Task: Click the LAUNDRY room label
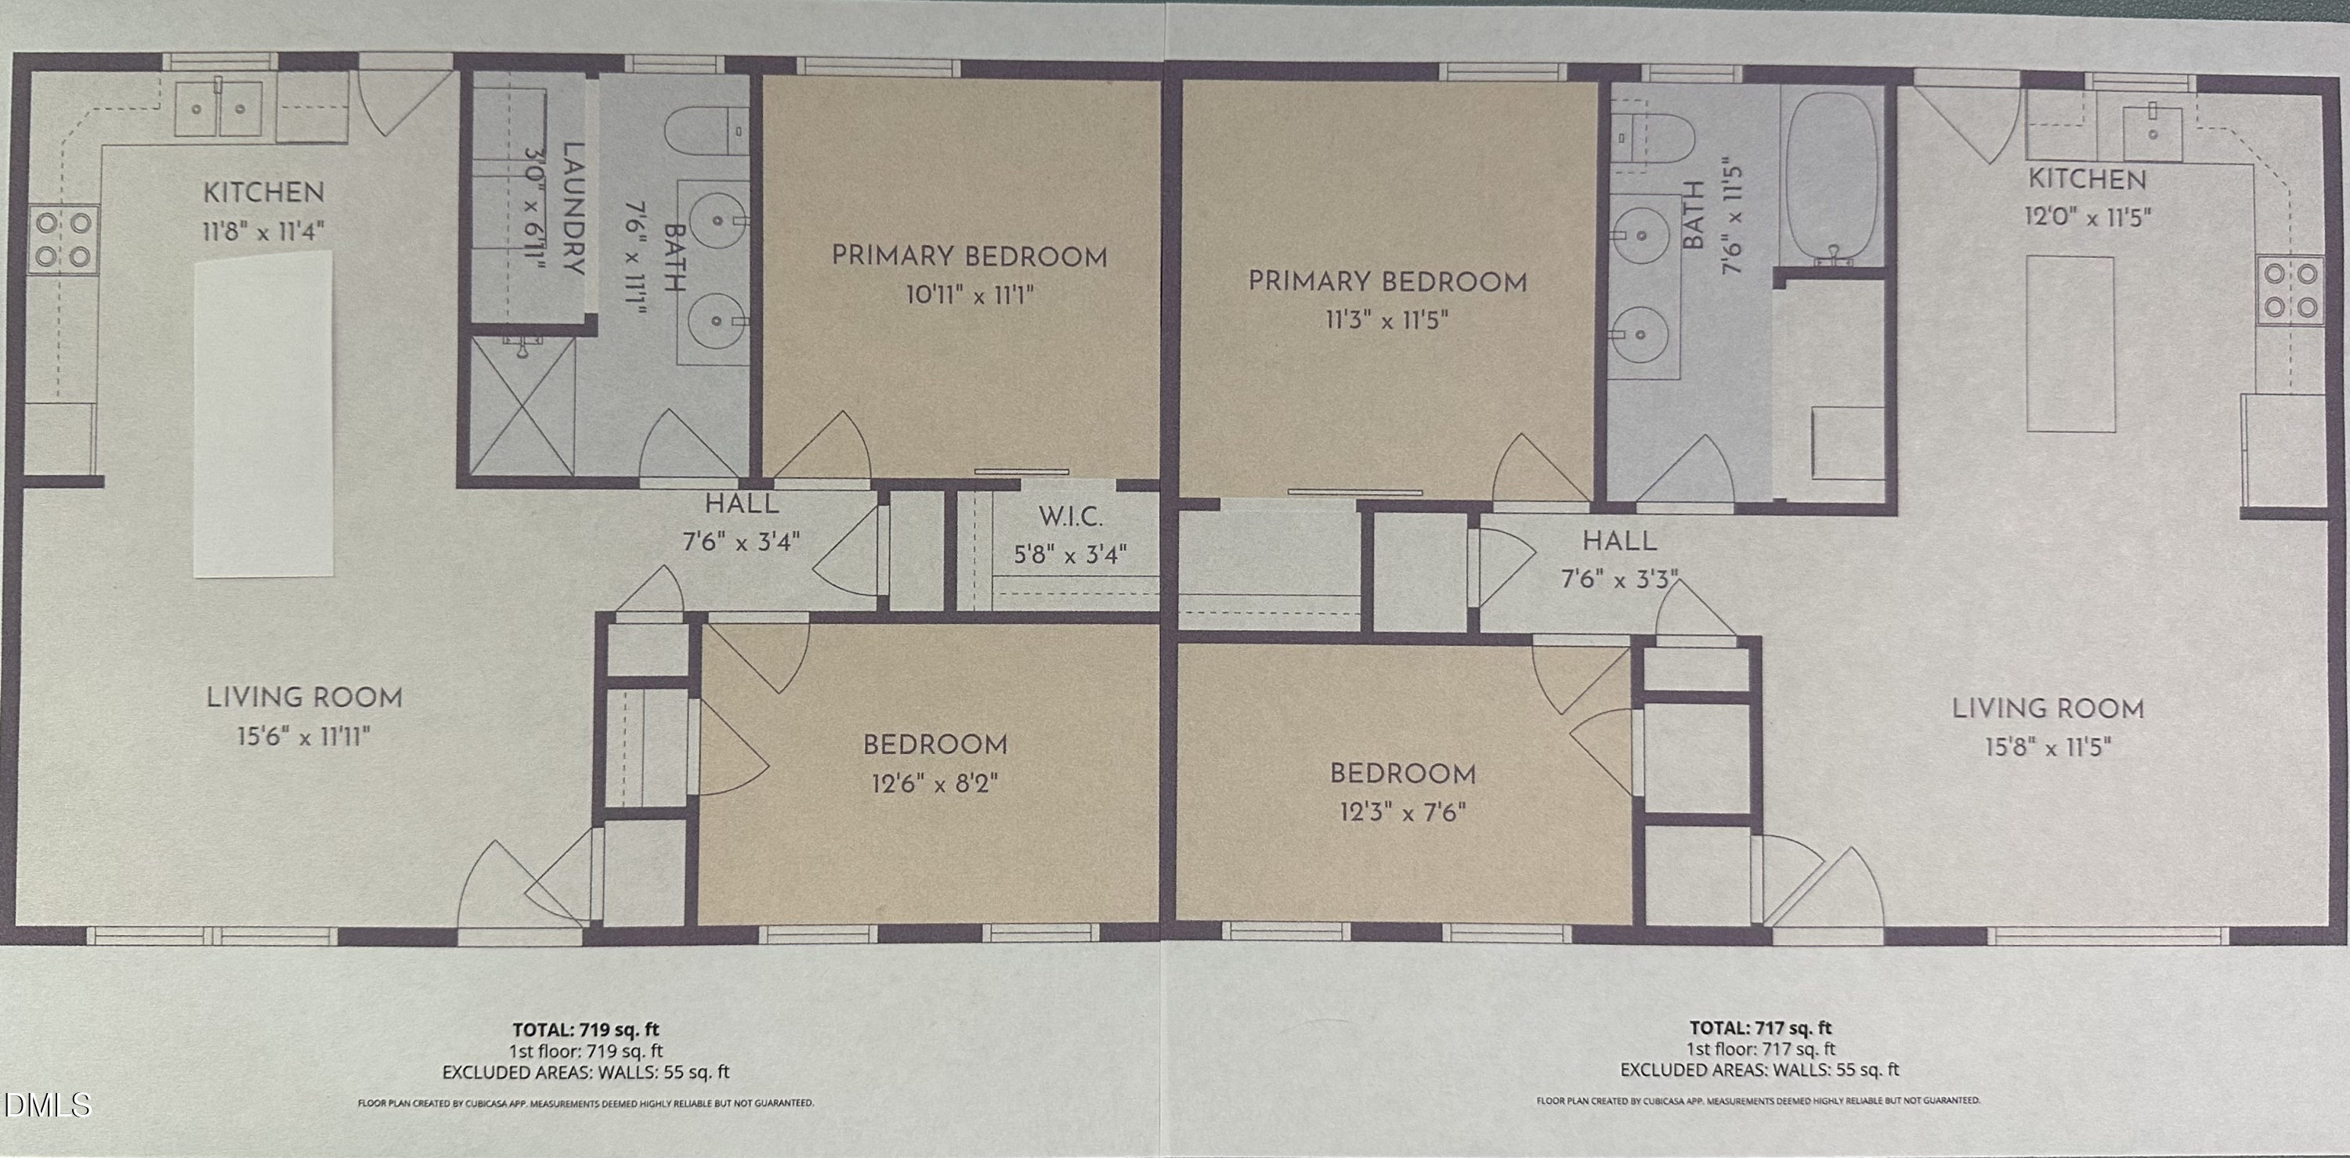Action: click(573, 208)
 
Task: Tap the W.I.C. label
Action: click(1070, 517)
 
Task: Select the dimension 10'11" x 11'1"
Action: click(971, 295)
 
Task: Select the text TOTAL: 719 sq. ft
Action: click(586, 1030)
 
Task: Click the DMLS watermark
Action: click(48, 1105)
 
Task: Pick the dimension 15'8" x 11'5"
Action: click(2048, 748)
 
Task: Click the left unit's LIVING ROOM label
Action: click(304, 698)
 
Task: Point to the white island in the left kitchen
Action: click(264, 415)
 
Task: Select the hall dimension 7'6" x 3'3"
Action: click(1619, 580)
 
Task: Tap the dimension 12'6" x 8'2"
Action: click(935, 783)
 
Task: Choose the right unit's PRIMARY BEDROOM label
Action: click(1386, 282)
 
